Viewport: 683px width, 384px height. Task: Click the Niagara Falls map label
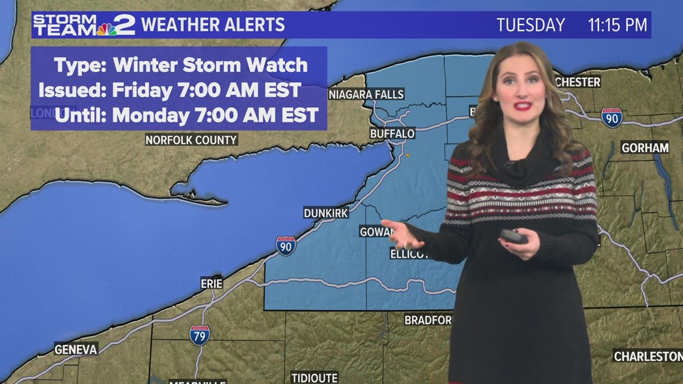tap(367, 94)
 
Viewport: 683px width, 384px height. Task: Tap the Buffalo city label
tap(392, 133)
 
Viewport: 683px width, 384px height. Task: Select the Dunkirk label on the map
tap(325, 213)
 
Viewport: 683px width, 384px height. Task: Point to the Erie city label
tap(211, 283)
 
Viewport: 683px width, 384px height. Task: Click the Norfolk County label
tap(192, 140)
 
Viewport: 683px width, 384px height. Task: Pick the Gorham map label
tap(645, 147)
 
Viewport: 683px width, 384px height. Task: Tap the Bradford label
tap(428, 320)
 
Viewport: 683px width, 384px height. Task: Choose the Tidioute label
tap(315, 377)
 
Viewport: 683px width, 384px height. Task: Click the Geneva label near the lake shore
tap(75, 349)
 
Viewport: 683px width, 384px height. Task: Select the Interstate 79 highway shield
tap(200, 334)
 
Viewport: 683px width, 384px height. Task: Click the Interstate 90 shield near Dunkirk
tap(286, 245)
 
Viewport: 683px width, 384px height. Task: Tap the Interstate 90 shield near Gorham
tap(612, 117)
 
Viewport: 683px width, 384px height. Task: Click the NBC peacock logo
tap(107, 29)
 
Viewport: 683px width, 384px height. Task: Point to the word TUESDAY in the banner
tap(530, 25)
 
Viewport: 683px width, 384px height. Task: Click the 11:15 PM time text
tap(617, 25)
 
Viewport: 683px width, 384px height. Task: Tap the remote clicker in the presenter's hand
tap(513, 236)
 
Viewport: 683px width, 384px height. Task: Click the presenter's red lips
tap(522, 106)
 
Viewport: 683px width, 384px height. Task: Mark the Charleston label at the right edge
tap(647, 356)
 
